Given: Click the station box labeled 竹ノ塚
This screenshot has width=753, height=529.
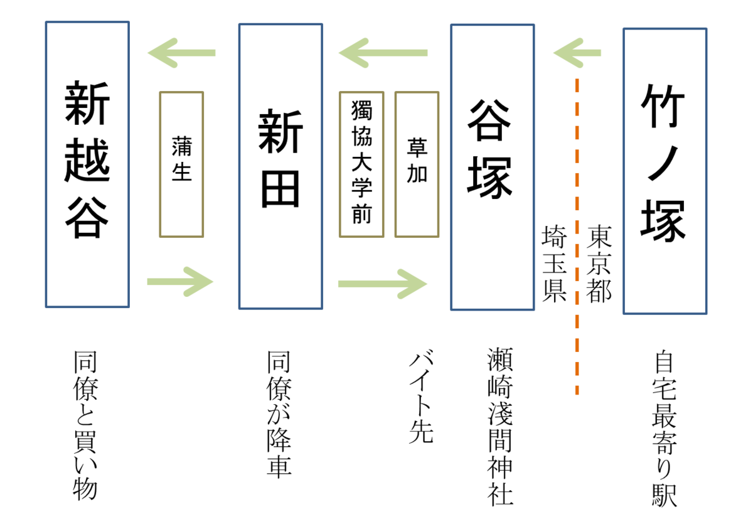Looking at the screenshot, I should pyautogui.click(x=665, y=171).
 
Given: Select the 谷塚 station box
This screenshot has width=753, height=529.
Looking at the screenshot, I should pyautogui.click(x=492, y=167).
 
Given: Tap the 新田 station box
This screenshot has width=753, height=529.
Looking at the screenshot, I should pyautogui.click(x=280, y=166).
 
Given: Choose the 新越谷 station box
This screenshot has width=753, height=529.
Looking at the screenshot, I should pyautogui.click(x=87, y=164).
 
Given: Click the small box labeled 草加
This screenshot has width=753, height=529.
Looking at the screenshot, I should pyautogui.click(x=417, y=164).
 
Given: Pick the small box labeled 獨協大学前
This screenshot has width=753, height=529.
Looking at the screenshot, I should pyautogui.click(x=361, y=164).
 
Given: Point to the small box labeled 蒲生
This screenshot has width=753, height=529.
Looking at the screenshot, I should pyautogui.click(x=181, y=164).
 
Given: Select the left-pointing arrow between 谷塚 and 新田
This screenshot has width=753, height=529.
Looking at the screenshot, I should pyautogui.click(x=384, y=53).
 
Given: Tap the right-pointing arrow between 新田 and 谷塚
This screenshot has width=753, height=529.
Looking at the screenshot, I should pyautogui.click(x=383, y=284).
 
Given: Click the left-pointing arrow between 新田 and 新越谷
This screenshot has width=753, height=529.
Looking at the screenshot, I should pyautogui.click(x=182, y=53).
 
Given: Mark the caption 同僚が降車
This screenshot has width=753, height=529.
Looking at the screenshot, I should pyautogui.click(x=279, y=415).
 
